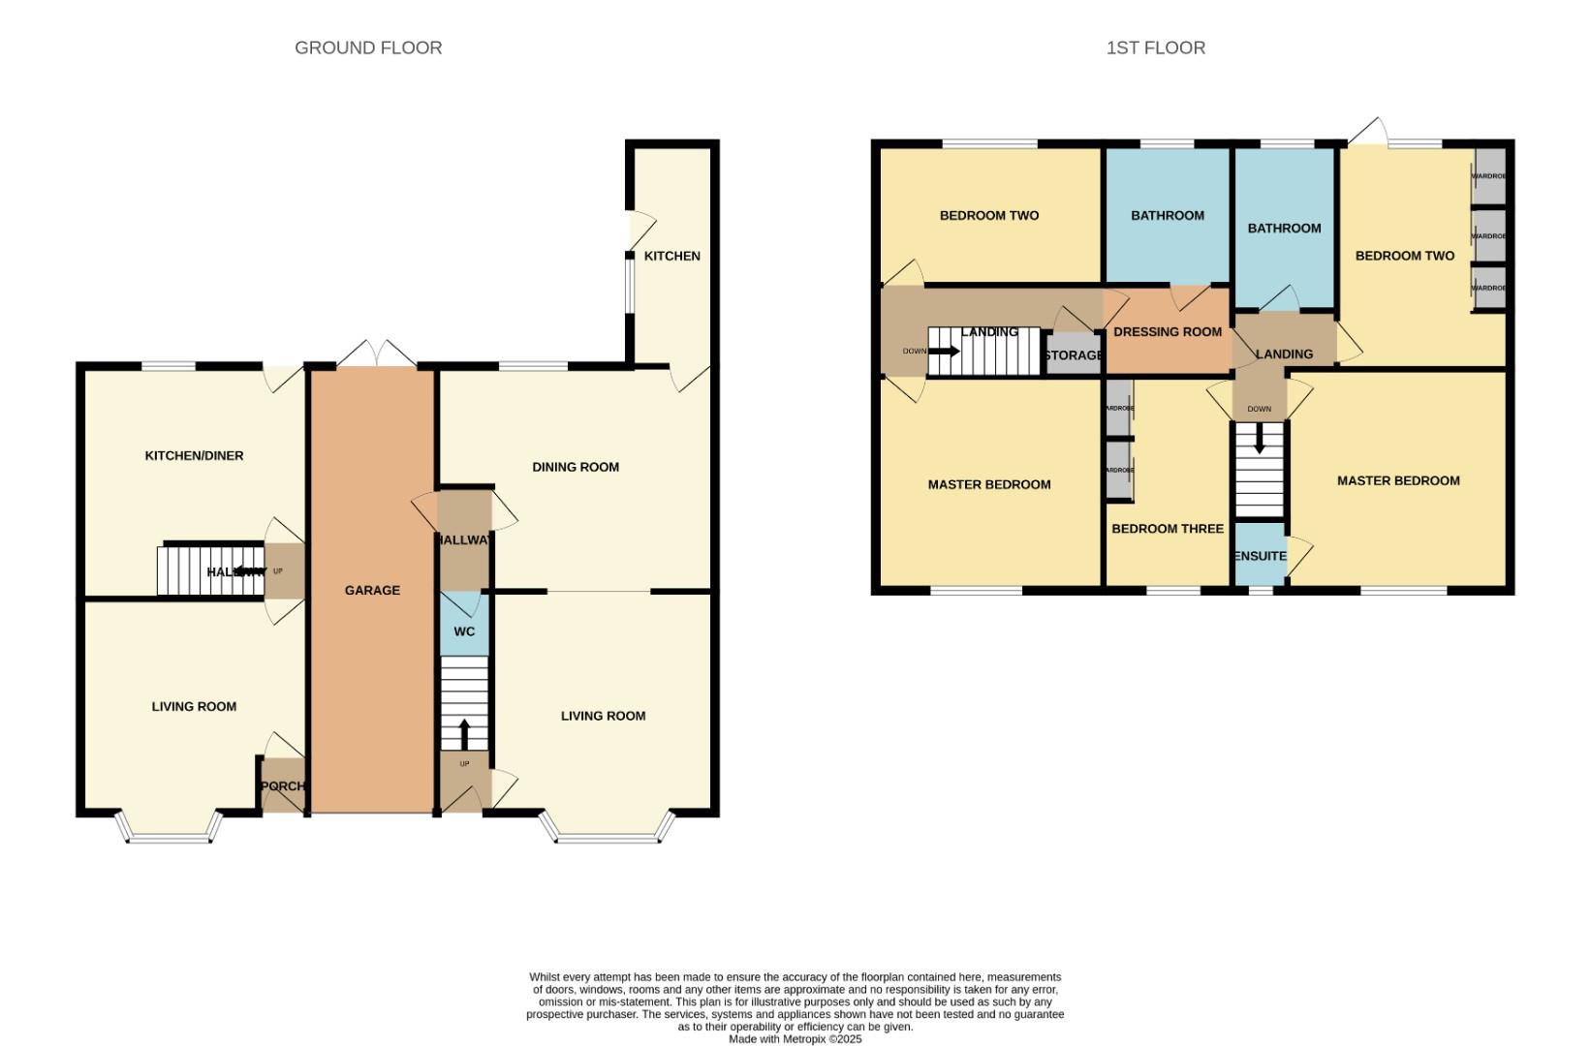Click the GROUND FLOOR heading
point(368,47)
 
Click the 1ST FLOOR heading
point(1155,47)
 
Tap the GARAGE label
point(372,590)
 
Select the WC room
point(464,631)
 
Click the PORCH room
point(282,785)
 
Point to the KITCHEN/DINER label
point(194,455)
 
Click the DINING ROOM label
point(575,467)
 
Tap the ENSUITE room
point(1260,556)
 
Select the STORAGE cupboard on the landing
point(1073,355)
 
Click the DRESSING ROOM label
point(1167,331)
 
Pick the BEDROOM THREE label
point(1167,529)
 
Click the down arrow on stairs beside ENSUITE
point(1259,441)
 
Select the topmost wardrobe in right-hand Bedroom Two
point(1489,176)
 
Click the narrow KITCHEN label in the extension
point(671,256)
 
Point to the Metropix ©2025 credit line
point(795,1039)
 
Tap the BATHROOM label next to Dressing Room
point(1167,215)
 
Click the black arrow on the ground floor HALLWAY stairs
point(243,571)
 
